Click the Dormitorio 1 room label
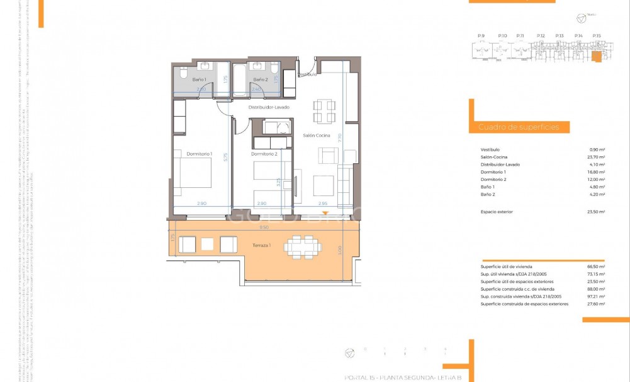(200, 154)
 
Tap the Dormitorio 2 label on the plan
(264, 154)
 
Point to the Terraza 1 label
(261, 245)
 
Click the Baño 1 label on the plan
(199, 79)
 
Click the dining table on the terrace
(300, 246)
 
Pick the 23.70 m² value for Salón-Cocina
(595, 157)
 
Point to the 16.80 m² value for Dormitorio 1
(595, 172)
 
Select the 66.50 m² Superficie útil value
(595, 267)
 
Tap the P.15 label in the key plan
(597, 36)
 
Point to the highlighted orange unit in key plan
(596, 57)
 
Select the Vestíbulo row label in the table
(490, 149)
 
